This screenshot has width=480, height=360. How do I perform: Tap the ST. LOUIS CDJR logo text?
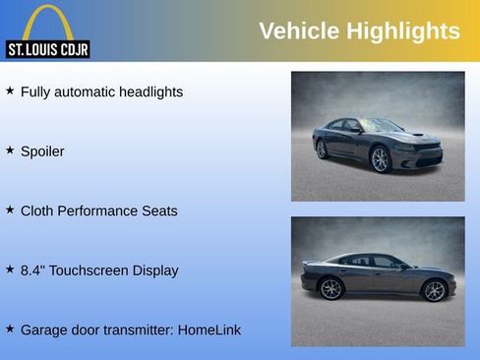(x=47, y=49)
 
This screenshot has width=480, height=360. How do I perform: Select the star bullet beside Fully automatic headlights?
(x=10, y=90)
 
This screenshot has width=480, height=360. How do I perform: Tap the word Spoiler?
(x=42, y=151)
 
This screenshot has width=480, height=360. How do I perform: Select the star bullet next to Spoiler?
(x=10, y=150)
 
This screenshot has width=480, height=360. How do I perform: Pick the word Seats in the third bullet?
(x=158, y=210)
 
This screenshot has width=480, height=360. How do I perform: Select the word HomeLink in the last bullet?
(x=209, y=330)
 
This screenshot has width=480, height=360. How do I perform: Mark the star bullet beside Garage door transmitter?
(x=10, y=329)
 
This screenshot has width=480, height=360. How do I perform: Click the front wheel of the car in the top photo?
(x=381, y=159)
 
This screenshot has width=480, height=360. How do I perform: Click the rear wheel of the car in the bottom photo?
(x=331, y=288)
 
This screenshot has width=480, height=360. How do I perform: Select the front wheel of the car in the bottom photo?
(x=434, y=290)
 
